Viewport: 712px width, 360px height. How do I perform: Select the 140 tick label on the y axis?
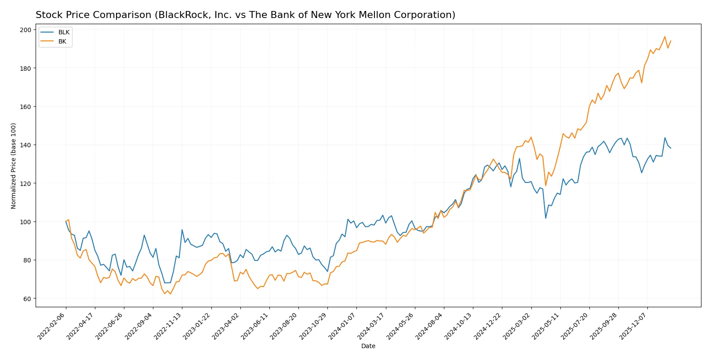coord(26,145)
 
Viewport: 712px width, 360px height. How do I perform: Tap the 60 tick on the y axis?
coord(28,299)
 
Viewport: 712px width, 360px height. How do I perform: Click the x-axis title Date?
coord(368,346)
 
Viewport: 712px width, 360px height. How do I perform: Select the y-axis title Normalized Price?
coord(14,166)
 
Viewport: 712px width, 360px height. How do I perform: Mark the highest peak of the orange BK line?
coord(665,37)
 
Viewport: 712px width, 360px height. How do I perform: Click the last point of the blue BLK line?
coord(671,148)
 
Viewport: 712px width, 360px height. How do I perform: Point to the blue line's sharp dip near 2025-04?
coord(545,218)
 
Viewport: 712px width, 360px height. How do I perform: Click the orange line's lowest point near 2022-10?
coord(171,294)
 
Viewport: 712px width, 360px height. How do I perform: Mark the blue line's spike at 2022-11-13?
coord(182,229)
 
